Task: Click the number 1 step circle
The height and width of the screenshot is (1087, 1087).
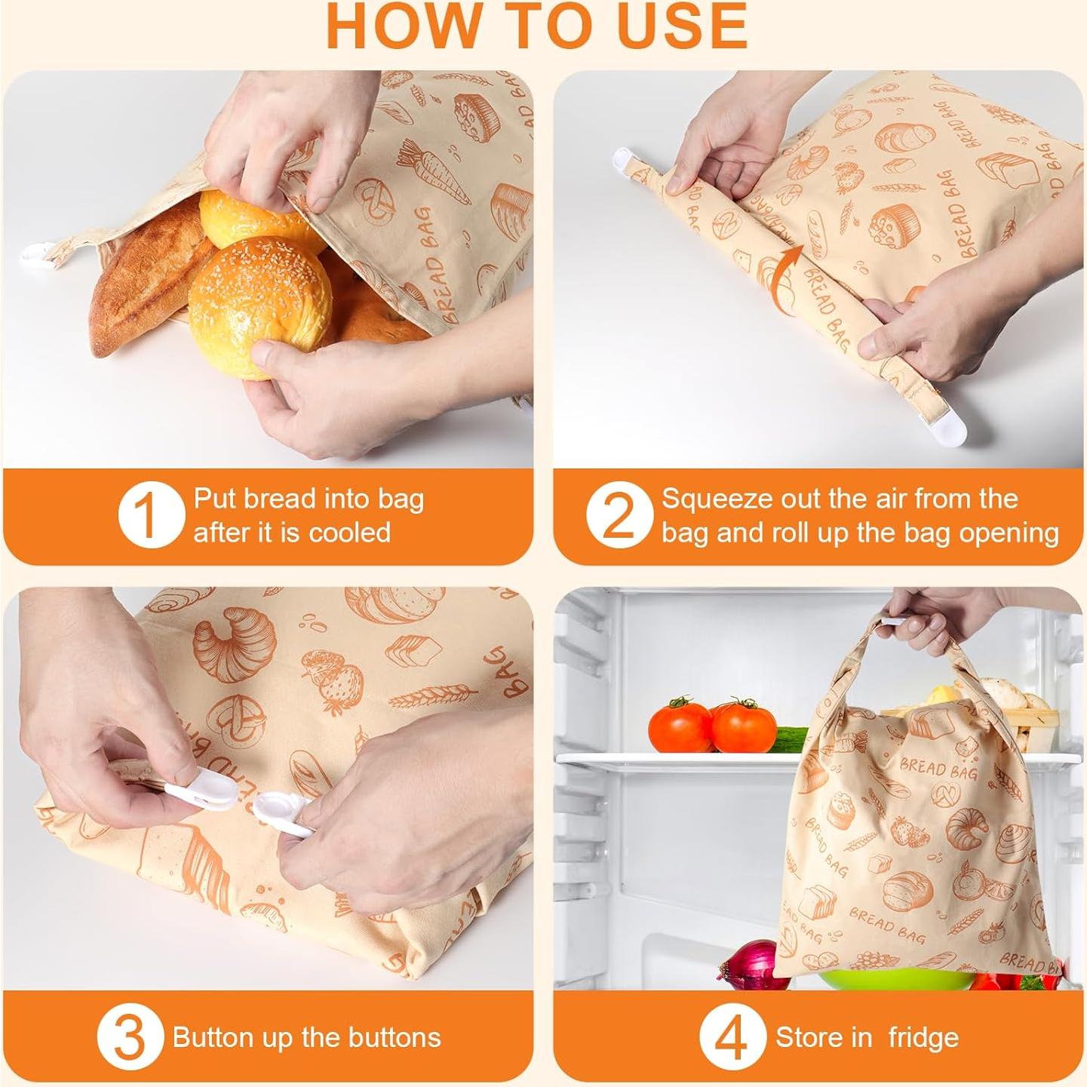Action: click(151, 515)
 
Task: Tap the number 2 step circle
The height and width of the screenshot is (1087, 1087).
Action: click(619, 515)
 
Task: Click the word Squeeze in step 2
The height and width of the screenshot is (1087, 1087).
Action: click(715, 500)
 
